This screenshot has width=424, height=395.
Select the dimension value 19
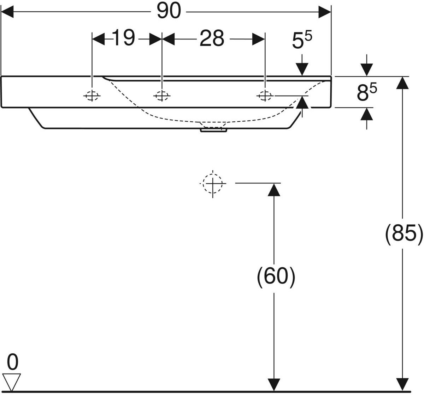[124, 38]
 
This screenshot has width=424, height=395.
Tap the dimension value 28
[212, 38]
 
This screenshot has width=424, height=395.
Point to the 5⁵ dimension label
[302, 41]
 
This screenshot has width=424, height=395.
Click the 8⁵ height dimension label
[366, 92]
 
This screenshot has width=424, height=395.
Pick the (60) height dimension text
[276, 276]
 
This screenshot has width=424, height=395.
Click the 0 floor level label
[13, 362]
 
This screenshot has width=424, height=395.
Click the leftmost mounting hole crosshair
[92, 95]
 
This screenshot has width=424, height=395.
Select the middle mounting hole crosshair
[161, 95]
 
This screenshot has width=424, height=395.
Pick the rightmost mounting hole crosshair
[264, 95]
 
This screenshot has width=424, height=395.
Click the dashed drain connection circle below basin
[213, 183]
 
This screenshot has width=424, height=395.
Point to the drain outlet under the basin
[213, 130]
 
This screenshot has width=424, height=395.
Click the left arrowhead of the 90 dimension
[8, 12]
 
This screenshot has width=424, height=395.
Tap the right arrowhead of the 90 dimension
[324, 12]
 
